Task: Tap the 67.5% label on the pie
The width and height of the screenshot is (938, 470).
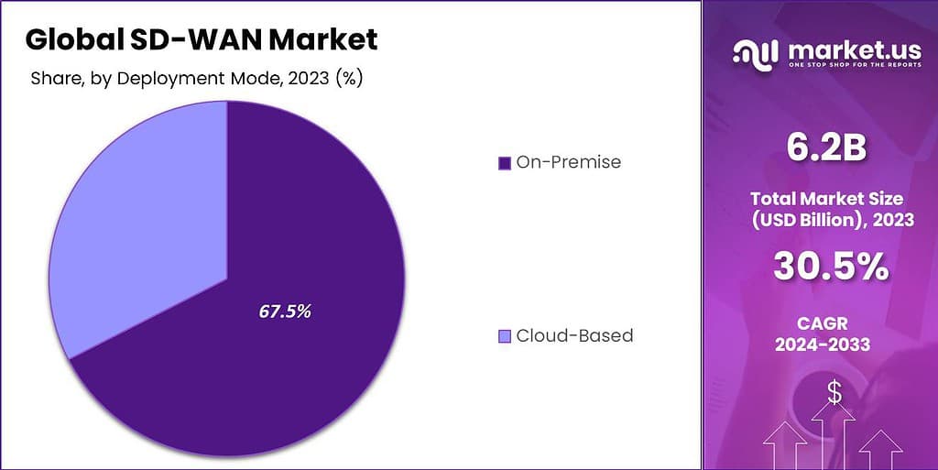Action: [x=285, y=311]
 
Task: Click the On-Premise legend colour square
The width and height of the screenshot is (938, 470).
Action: [x=504, y=163]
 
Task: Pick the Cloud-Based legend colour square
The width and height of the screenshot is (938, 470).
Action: [x=504, y=336]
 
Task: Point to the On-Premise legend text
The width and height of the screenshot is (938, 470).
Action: [x=568, y=162]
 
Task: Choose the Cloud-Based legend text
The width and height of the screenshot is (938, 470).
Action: [x=574, y=335]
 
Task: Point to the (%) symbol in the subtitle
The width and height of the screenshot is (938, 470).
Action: [x=349, y=78]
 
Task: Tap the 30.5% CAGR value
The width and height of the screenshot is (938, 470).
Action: [x=830, y=266]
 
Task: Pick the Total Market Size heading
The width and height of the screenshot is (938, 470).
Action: [x=827, y=197]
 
